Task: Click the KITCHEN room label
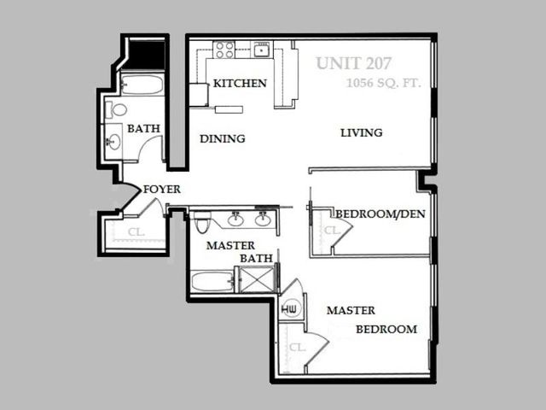(x=240, y=84)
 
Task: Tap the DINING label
(x=223, y=138)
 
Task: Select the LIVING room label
(x=362, y=133)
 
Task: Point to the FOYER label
(x=162, y=190)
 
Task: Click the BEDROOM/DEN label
(x=380, y=214)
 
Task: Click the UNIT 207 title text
(x=354, y=63)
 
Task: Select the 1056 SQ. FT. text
(x=384, y=84)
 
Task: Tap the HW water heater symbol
(x=289, y=308)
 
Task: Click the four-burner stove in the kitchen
(x=224, y=50)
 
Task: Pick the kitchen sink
(x=262, y=50)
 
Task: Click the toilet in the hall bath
(x=117, y=110)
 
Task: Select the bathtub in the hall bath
(x=142, y=85)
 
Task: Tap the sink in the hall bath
(x=113, y=142)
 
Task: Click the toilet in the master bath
(x=201, y=222)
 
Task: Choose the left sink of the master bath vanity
(x=235, y=220)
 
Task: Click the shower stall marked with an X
(x=258, y=279)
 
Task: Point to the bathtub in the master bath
(x=212, y=282)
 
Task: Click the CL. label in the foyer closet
(x=136, y=232)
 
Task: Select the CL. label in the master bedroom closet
(x=298, y=348)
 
